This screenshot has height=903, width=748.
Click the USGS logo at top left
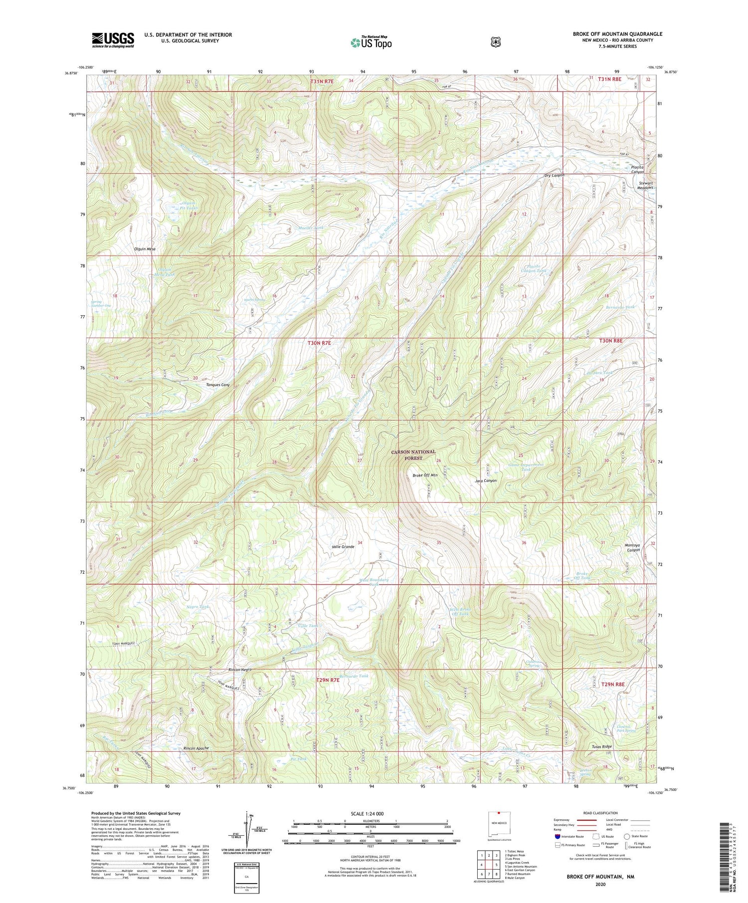[113, 40]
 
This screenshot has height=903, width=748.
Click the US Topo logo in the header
[371, 42]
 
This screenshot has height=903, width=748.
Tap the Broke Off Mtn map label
[425, 475]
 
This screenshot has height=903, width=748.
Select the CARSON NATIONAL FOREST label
[413, 455]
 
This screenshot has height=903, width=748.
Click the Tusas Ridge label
[601, 747]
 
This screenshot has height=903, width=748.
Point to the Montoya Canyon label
[632, 547]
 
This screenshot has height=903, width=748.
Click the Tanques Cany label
[217, 385]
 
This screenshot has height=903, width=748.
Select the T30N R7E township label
[319, 343]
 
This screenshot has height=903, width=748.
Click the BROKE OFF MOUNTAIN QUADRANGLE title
[617, 34]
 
